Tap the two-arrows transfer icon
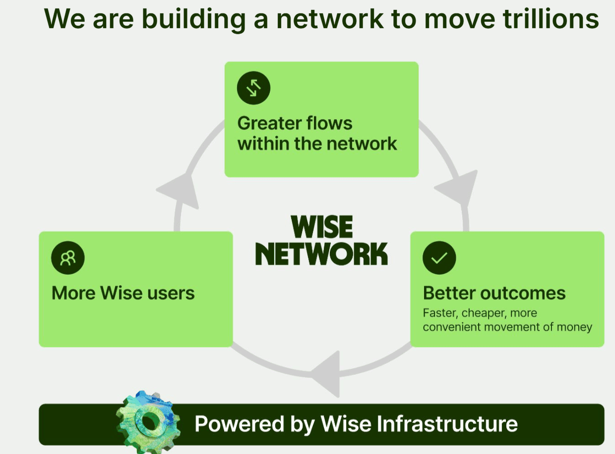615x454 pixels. pos(253,88)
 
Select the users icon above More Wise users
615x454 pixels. pos(68,258)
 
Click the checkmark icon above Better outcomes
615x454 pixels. pos(439,258)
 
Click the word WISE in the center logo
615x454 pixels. pos(321,227)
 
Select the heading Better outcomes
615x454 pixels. pos(494,293)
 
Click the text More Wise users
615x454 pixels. pos(123,293)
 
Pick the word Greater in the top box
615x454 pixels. pos(268,123)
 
